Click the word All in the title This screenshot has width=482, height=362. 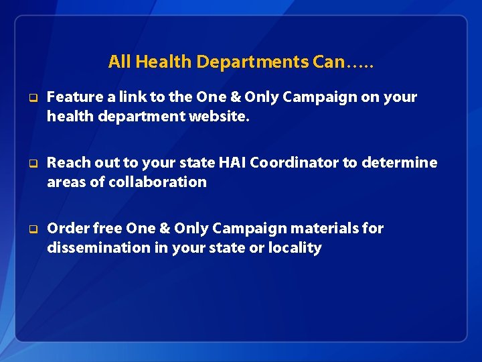[119, 62]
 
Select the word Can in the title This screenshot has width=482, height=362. [328, 62]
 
